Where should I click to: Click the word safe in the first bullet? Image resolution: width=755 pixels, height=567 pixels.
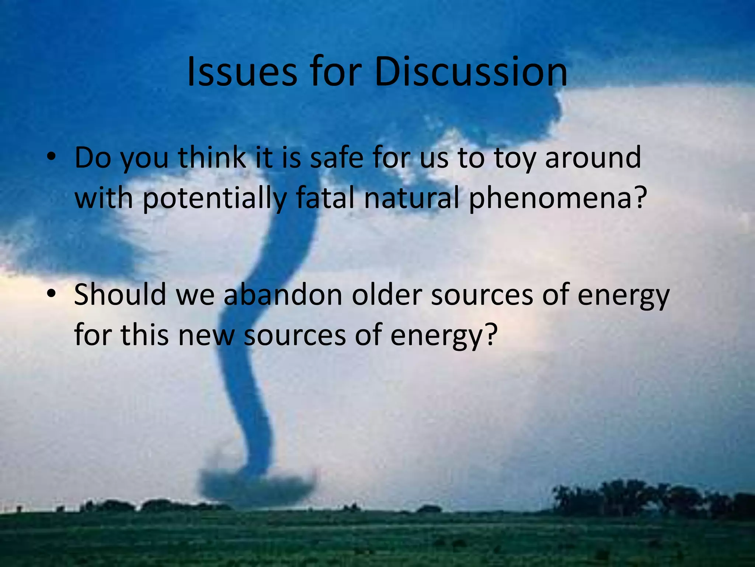coord(337,158)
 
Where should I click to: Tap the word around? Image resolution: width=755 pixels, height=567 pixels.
coord(593,158)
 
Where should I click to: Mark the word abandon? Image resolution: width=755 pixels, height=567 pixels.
coord(283,295)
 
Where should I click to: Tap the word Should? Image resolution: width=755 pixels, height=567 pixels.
coord(120,295)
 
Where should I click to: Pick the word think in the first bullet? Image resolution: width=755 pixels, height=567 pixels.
coord(212,158)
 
